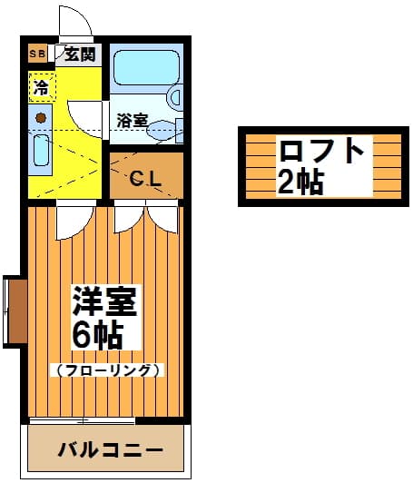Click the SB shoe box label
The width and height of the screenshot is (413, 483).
pos(37,54)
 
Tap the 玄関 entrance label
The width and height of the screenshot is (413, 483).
pos(81,54)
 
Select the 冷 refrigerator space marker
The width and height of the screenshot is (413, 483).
pos(42,87)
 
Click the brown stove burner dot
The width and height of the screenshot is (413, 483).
pos(40,118)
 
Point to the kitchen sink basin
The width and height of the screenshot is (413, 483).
pos(41,151)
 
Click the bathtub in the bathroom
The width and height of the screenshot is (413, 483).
pos(146,67)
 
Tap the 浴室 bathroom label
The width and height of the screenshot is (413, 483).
pos(133,121)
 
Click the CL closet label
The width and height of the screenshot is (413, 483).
pos(145,178)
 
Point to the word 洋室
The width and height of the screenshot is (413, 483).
pos(104,301)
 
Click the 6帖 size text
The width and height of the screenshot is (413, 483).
pos(97,334)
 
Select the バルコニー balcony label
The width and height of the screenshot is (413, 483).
pos(110,450)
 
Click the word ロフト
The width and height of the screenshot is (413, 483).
pos(321,151)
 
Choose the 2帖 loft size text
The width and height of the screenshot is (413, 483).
pos(300,182)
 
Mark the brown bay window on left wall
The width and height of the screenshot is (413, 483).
pos(17,311)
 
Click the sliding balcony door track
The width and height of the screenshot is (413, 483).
pos(83,421)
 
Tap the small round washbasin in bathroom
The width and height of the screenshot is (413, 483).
pos(175,96)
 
